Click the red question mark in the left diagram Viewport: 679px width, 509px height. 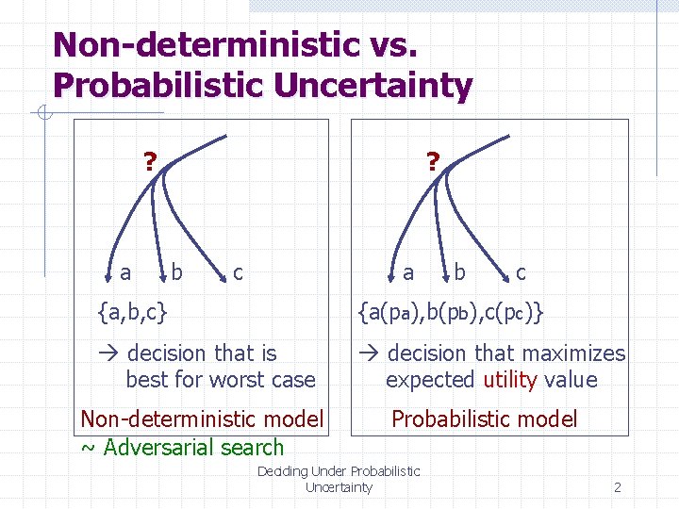[x=149, y=161]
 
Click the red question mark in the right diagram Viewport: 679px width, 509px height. [x=432, y=161]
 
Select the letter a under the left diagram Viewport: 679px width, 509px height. [x=125, y=272]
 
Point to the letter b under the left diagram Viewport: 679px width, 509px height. [x=176, y=272]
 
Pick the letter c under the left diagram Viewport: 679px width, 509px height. [x=238, y=272]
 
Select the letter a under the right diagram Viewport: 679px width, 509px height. [x=408, y=272]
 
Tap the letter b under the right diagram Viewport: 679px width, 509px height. [x=459, y=272]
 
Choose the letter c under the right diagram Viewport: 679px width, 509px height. [x=521, y=272]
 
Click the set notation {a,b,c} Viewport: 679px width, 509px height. [x=133, y=308]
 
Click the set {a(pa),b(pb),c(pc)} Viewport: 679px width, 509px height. [x=450, y=310]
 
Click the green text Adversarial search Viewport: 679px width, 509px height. [x=193, y=447]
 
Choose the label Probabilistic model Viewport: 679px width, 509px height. [x=484, y=419]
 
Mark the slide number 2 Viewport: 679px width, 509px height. [x=617, y=487]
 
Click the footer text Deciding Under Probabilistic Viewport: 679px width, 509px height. [x=339, y=470]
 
